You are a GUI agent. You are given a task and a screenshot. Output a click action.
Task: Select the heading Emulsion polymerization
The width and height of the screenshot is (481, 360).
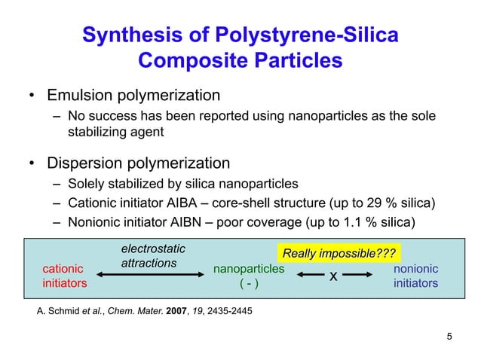pyautogui.click(x=133, y=96)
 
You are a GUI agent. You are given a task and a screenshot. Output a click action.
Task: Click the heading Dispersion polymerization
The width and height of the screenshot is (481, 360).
pyautogui.click(x=138, y=163)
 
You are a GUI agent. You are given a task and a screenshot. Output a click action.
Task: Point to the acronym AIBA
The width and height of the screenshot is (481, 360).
pyautogui.click(x=171, y=203)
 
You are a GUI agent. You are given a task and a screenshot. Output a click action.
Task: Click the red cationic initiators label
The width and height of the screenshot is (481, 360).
pyautogui.click(x=64, y=276)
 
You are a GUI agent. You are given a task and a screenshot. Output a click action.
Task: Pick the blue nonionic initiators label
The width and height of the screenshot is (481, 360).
pyautogui.click(x=415, y=276)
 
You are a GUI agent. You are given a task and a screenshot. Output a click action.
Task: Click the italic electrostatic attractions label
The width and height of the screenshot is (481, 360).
pyautogui.click(x=153, y=255)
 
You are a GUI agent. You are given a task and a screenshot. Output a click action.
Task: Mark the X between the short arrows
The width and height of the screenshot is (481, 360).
pyautogui.click(x=333, y=277)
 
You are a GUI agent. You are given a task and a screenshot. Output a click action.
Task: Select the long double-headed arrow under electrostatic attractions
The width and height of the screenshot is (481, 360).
pyautogui.click(x=151, y=276)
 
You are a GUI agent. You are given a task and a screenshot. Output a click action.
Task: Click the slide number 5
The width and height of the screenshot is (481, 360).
pyautogui.click(x=450, y=336)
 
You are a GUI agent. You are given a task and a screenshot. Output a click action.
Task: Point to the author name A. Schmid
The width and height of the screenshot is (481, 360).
pyautogui.click(x=59, y=310)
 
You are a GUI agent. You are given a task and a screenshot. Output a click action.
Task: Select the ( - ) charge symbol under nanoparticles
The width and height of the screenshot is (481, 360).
pyautogui.click(x=249, y=284)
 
